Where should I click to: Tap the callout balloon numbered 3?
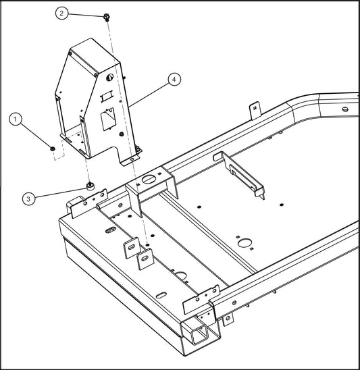tap(28, 199)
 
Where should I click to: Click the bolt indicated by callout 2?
tap(108, 16)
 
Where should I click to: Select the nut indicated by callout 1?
tap(52, 147)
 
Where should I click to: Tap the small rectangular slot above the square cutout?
tap(104, 99)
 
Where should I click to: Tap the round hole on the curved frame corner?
tap(344, 109)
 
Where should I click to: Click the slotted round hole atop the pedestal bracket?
tap(147, 180)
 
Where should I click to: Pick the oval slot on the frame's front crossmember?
tap(109, 231)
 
